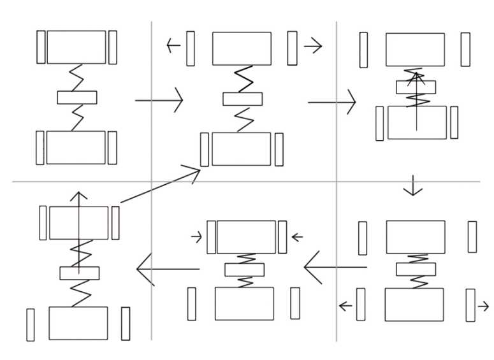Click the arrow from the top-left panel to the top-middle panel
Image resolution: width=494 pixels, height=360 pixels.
tap(159, 100)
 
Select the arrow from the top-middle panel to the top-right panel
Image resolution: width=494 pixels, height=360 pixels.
tap(331, 102)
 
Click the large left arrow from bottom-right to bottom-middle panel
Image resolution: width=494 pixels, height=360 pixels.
tap(335, 267)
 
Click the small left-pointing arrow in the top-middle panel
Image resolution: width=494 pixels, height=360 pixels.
tap(173, 46)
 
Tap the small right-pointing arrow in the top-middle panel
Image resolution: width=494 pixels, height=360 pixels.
tap(312, 46)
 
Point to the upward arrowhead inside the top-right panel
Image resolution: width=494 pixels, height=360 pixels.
tap(416, 78)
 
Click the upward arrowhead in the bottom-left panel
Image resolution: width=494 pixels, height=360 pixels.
tap(79, 198)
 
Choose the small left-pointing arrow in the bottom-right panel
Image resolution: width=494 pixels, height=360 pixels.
tap(345, 306)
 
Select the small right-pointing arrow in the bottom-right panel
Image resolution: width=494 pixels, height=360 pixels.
tap(483, 306)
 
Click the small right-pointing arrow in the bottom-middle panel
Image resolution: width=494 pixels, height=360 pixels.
tap(197, 238)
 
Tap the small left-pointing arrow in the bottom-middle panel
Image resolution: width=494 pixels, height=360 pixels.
tap(296, 238)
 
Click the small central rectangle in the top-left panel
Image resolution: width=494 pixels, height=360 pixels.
tap(77, 97)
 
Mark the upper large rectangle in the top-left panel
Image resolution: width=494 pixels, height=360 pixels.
tap(76, 47)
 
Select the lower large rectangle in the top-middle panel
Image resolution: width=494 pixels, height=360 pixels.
tap(241, 149)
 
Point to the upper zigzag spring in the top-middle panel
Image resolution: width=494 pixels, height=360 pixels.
tap(243, 79)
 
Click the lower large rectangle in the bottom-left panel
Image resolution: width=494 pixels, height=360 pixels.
tap(78, 323)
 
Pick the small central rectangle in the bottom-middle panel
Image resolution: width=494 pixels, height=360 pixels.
tap(244, 270)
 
